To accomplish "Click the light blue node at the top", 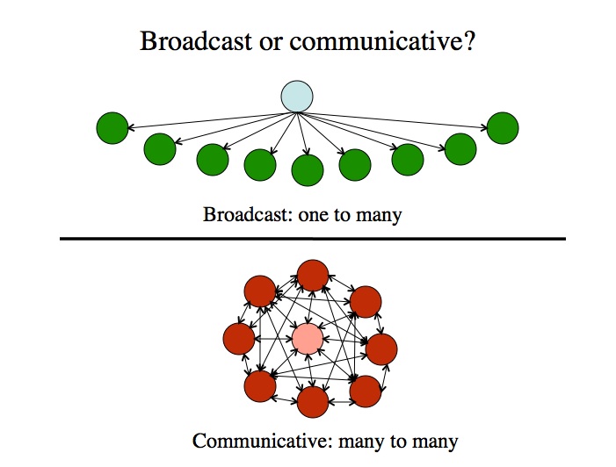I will [297, 97].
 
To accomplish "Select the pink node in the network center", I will [307, 339].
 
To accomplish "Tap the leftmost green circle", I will [112, 128].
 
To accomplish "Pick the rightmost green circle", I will [503, 128].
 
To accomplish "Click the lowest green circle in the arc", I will [308, 169].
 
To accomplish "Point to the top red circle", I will [313, 276].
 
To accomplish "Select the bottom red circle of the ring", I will [313, 401].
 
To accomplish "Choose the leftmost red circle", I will [239, 338].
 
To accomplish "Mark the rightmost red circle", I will [381, 348].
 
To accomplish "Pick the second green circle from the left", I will [160, 148].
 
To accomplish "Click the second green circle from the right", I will [460, 148].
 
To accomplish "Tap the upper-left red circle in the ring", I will [260, 291].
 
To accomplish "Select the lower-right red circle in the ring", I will [366, 388].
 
